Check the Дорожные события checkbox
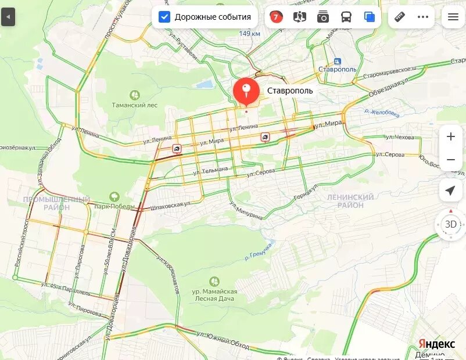[164, 17]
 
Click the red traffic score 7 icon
[276, 17]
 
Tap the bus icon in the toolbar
[346, 17]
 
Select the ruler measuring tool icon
[399, 17]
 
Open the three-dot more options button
[422, 17]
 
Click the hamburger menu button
[453, 17]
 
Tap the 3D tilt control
[450, 224]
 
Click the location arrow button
[450, 190]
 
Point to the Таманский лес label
[135, 105]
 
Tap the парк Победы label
[114, 206]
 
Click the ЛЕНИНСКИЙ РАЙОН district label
[350, 201]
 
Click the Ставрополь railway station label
[338, 69]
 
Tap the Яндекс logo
[436, 344]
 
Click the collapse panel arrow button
[8, 17]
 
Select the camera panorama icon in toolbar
[323, 17]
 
